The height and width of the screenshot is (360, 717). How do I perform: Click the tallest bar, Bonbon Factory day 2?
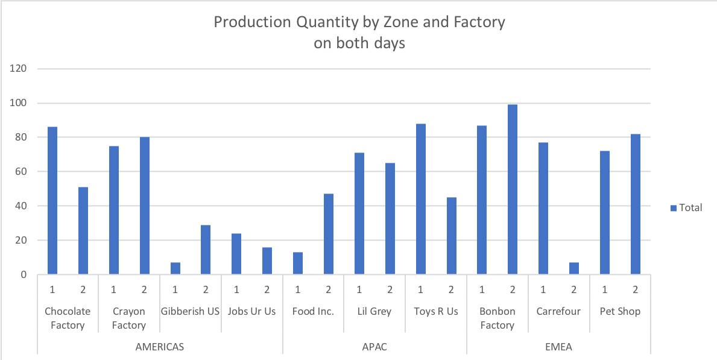point(513,190)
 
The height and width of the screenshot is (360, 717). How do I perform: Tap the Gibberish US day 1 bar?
point(175,269)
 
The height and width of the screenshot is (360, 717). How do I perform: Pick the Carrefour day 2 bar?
point(574,269)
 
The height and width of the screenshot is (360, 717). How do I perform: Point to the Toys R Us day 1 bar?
point(420,199)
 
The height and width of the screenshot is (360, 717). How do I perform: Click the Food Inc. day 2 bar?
point(329,235)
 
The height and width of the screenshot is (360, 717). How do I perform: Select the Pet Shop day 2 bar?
point(636,204)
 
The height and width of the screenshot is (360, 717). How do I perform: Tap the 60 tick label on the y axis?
point(22,172)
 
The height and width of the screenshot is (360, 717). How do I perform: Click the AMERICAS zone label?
point(159,347)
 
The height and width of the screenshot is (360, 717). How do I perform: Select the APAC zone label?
point(374,347)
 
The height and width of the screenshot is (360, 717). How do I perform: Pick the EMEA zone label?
point(558,347)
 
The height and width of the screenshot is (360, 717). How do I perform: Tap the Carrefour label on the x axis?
point(558,312)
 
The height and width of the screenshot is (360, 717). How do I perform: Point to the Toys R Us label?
point(436,312)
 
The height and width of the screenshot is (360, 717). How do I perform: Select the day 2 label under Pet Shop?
point(636,290)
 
